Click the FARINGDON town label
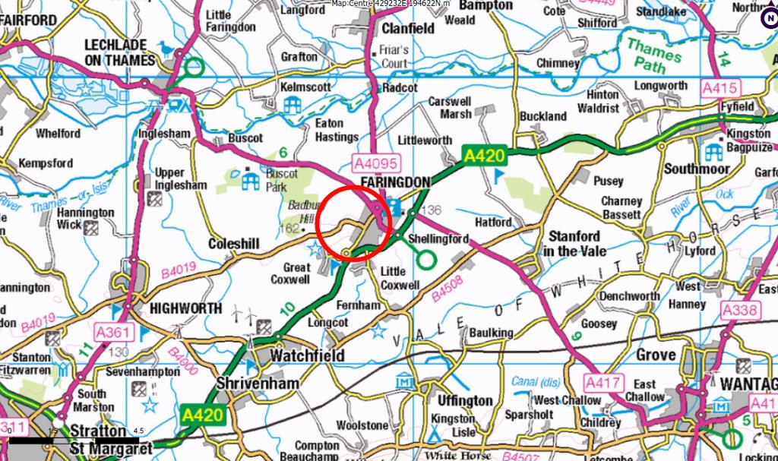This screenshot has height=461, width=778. [395, 182]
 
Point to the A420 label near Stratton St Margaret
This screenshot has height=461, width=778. [203, 415]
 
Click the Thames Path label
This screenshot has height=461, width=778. [653, 57]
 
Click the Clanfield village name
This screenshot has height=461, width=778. [408, 28]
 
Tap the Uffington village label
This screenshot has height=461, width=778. [465, 400]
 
